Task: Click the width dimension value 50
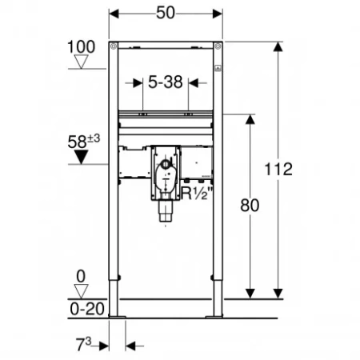coord(166,13)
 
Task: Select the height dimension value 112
coord(278,169)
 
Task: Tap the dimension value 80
coord(250,206)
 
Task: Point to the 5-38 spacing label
coord(166,82)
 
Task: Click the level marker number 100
coord(81,47)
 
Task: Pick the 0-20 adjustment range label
coord(87,310)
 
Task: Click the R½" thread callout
coord(197,194)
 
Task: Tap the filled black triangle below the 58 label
coord(81,157)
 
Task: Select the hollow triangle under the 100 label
coord(81,62)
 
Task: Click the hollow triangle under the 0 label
coord(81,291)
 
